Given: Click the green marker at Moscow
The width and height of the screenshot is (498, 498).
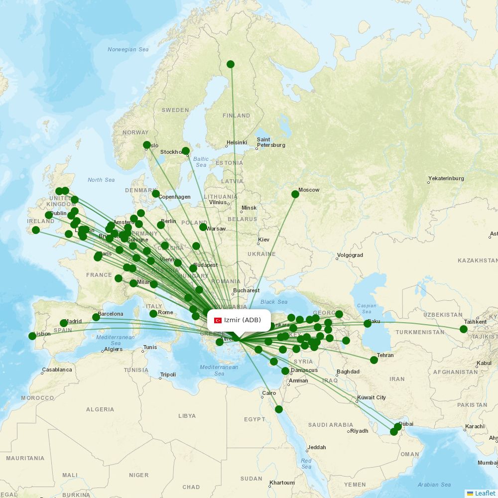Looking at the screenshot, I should pos(295,194).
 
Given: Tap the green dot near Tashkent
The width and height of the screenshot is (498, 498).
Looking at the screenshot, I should pos(464,329).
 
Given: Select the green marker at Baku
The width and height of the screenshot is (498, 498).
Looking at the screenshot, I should pos(368,324).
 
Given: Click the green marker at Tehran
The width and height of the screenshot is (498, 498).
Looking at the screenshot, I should pos(374,360).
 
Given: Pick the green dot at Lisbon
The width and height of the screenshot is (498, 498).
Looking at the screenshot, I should pos(32,336).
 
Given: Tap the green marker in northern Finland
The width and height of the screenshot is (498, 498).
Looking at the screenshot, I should pos(231,64).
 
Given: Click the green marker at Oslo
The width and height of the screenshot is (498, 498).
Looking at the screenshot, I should pos(147,145).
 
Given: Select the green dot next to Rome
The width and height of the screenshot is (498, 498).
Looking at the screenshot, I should pos(153,314).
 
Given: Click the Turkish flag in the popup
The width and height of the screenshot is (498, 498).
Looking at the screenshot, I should pos(218,320).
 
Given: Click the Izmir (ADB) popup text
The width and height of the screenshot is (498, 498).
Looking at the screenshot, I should pos(243,320).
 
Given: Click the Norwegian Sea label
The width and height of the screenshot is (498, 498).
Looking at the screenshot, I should pos(128,49).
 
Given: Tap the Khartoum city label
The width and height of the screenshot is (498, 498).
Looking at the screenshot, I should pos(282,483).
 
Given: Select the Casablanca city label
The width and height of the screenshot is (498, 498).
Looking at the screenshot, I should pos(57,370).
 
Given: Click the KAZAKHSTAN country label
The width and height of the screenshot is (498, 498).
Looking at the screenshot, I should pos(477,260).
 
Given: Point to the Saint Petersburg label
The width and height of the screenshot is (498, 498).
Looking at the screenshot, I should pos(271,142).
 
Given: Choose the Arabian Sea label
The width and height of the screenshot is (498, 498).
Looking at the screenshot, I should pos(434,485).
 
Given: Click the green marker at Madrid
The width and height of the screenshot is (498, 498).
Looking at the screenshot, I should pos(64,323).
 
